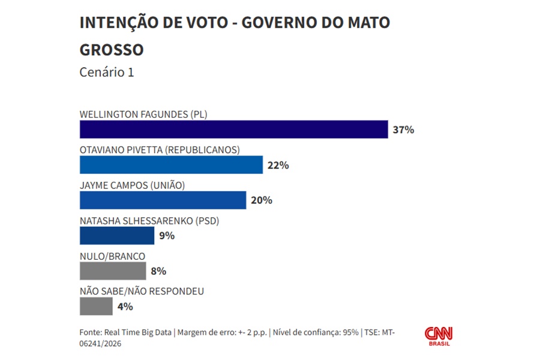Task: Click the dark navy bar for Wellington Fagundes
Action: point(234,129)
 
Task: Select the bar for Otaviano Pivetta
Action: point(171,164)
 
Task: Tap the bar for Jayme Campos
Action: point(163,200)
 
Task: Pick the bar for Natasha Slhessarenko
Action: point(117,235)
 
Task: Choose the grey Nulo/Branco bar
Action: point(113,271)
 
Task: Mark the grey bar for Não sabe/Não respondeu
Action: point(96,306)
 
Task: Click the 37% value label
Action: point(403,130)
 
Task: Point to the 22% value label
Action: point(278,165)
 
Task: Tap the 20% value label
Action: point(261,200)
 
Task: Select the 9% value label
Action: point(166,236)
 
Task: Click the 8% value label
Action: point(158,271)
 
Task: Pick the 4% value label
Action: point(125,307)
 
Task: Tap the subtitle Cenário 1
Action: point(107,72)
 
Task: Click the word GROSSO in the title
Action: point(112,49)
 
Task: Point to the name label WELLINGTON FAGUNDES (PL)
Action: point(143,115)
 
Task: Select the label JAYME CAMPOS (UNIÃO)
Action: point(132,185)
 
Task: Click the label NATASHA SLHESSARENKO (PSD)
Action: point(149,221)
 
